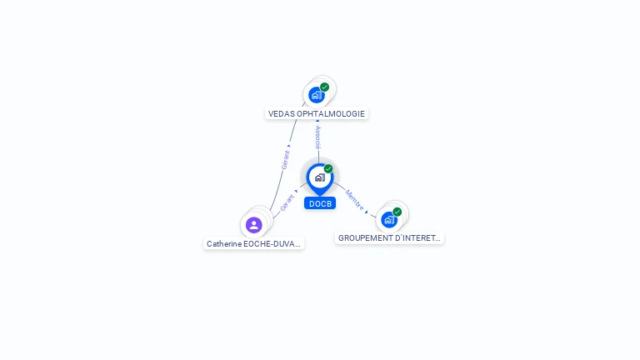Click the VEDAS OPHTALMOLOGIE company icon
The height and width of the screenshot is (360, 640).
pyautogui.click(x=316, y=95)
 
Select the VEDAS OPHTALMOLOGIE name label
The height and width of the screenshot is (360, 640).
pyautogui.click(x=317, y=113)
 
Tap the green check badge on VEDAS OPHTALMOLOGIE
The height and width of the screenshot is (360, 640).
pyautogui.click(x=325, y=87)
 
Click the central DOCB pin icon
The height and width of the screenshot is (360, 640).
pyautogui.click(x=319, y=177)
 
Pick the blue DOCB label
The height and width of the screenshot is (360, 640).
pyautogui.click(x=320, y=203)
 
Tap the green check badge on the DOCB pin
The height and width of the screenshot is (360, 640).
pyautogui.click(x=328, y=168)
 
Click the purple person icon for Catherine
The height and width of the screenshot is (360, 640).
pyautogui.click(x=254, y=224)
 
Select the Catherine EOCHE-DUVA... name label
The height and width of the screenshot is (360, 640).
pyautogui.click(x=254, y=244)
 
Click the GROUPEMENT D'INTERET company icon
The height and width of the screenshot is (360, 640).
pyautogui.click(x=389, y=220)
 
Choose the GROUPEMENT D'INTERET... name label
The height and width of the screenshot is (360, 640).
pyautogui.click(x=389, y=238)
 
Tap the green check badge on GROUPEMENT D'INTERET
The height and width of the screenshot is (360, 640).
pyautogui.click(x=397, y=212)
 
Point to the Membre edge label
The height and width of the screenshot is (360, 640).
pyautogui.click(x=353, y=198)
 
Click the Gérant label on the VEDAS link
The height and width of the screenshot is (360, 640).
pyautogui.click(x=286, y=160)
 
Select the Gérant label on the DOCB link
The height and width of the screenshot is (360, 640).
pyautogui.click(x=287, y=202)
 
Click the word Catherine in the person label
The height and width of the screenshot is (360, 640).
pyautogui.click(x=224, y=244)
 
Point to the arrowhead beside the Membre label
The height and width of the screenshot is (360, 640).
pyautogui.click(x=366, y=212)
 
